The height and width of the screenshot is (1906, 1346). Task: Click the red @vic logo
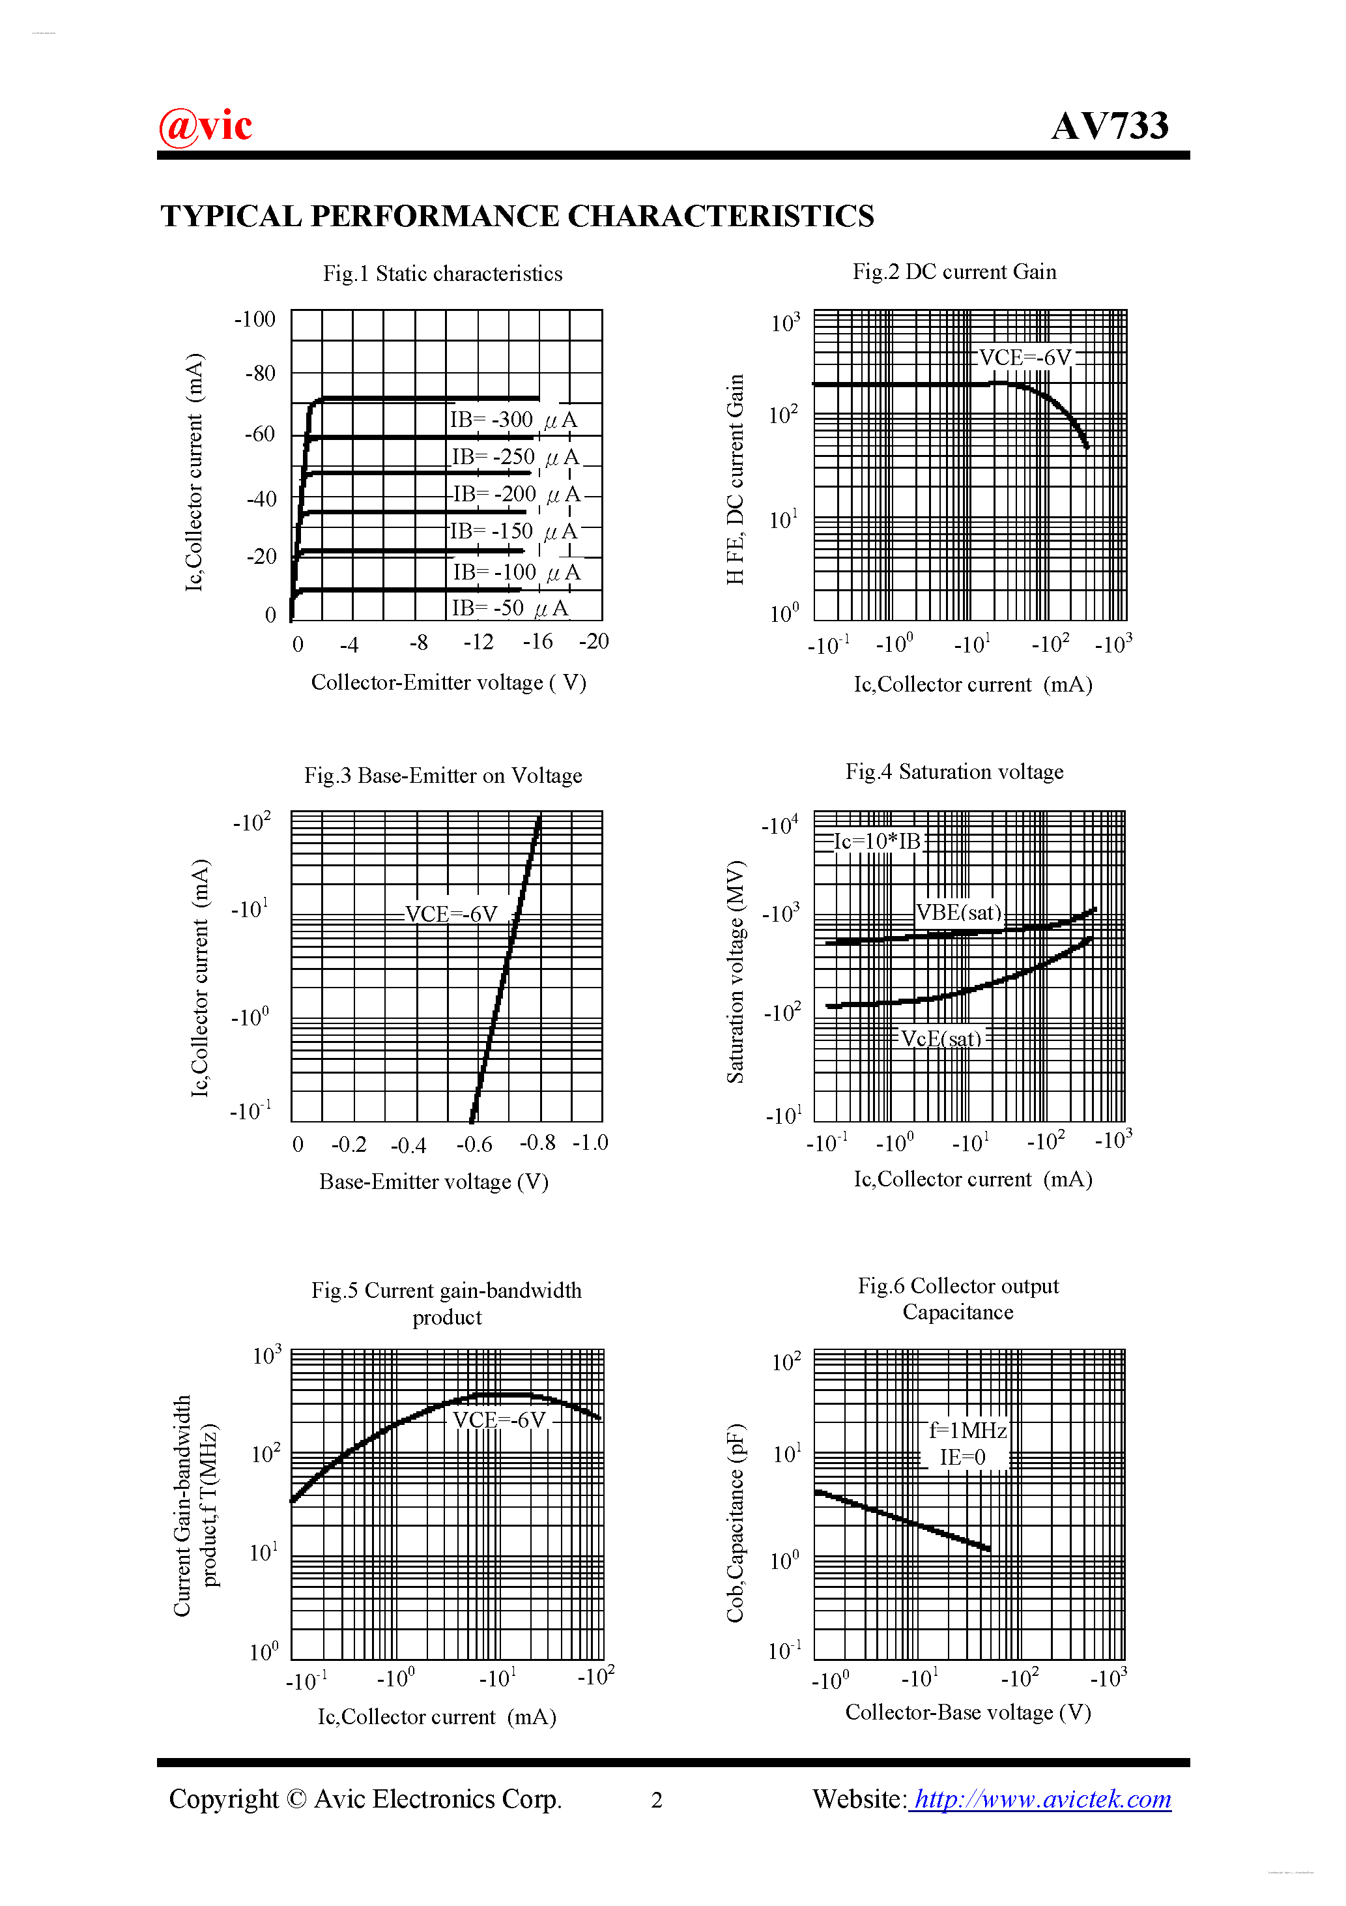pos(205,126)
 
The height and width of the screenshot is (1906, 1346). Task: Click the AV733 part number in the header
pos(1110,126)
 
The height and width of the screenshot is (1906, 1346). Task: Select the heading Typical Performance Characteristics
pos(517,216)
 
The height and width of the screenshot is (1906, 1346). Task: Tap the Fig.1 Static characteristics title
pos(442,274)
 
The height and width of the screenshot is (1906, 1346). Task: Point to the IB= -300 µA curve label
pos(513,420)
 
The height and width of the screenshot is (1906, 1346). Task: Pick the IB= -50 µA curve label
pos(509,608)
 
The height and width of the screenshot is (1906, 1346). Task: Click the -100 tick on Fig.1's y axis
pos(255,319)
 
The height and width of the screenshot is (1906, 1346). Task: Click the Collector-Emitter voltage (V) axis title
pos(448,682)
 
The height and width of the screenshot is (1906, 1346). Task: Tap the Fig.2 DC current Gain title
pos(954,272)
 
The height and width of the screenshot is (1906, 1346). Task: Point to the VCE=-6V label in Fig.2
pos(1025,358)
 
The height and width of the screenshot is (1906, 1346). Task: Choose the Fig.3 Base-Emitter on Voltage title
pos(443,775)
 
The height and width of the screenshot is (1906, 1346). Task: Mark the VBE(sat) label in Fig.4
pos(958,913)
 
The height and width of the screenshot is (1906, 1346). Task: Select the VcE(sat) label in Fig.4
pos(941,1038)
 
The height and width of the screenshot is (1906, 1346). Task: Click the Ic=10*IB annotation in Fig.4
pos(877,842)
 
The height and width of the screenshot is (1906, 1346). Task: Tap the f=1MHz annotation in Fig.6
pos(967,1429)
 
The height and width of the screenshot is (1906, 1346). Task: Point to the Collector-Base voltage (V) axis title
pos(967,1712)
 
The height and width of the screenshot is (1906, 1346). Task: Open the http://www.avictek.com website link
pos(1040,1799)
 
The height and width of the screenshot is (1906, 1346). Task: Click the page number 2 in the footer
pos(657,1800)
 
